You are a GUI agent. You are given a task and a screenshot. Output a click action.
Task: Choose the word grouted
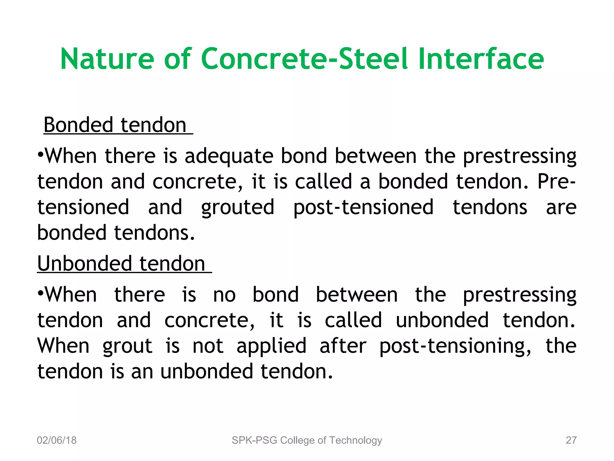pyautogui.click(x=237, y=208)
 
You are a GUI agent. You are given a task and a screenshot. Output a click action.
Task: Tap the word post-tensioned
pyautogui.click(x=363, y=208)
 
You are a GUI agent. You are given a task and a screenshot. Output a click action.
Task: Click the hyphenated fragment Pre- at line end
pyautogui.click(x=556, y=182)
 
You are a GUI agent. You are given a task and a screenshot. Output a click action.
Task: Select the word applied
pyautogui.click(x=271, y=346)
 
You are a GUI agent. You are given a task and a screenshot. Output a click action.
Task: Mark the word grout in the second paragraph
pyautogui.click(x=127, y=346)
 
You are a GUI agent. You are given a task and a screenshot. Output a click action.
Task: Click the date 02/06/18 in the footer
pyautogui.click(x=57, y=440)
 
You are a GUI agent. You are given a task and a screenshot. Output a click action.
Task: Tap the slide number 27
pyautogui.click(x=571, y=440)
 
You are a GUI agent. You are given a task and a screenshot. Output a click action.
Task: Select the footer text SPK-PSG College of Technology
pyautogui.click(x=307, y=440)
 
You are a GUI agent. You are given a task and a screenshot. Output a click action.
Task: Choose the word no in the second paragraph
pyautogui.click(x=224, y=295)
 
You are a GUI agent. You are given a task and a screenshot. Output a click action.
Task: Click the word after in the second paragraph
pyautogui.click(x=343, y=346)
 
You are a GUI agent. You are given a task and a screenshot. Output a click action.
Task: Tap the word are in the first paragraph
pyautogui.click(x=561, y=208)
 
